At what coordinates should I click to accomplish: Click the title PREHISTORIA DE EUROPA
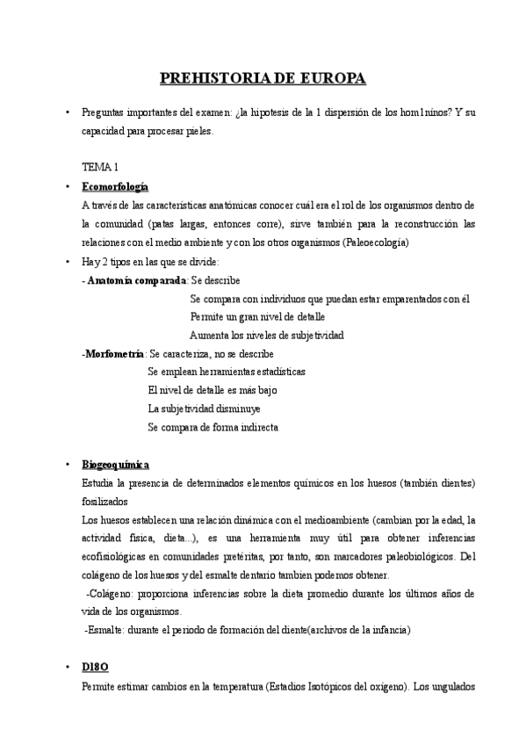point(263,79)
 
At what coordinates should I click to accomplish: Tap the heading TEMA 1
point(100,167)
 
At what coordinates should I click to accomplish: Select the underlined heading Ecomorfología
point(115,187)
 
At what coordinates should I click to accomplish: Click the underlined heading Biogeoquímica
point(115,464)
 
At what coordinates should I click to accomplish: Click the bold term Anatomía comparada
point(136,280)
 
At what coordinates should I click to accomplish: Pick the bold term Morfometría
point(115,353)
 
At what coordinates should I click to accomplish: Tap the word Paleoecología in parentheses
point(375,242)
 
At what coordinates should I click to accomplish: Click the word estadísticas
point(268,372)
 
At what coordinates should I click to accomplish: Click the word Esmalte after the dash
point(110,630)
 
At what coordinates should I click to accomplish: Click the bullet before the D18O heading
point(68,669)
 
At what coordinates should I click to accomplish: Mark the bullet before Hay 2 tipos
point(68,262)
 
